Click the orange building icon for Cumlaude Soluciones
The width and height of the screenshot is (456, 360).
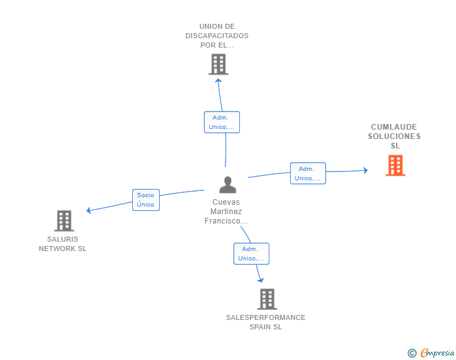[395, 165]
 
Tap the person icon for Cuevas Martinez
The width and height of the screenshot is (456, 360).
[227, 185]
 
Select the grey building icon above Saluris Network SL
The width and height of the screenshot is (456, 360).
[64, 221]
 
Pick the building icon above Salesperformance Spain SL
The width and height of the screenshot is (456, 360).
[267, 299]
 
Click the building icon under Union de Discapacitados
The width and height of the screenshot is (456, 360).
[218, 64]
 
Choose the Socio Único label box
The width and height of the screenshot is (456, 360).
[145, 200]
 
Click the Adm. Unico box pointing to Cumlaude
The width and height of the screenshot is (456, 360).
[308, 173]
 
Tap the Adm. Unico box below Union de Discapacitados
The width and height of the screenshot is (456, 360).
[222, 122]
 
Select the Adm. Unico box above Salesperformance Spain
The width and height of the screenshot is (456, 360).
[251, 254]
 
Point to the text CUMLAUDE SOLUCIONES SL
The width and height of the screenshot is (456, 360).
[393, 136]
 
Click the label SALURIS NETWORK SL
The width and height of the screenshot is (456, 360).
[63, 244]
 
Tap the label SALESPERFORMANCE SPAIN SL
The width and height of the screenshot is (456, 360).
[266, 322]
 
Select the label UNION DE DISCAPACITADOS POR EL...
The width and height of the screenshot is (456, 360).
[217, 36]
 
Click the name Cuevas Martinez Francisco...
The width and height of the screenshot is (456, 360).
[226, 212]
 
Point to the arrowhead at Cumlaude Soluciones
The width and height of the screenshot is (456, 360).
[365, 170]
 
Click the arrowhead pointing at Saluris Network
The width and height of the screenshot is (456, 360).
[89, 210]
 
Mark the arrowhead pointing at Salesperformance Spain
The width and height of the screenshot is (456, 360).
[260, 280]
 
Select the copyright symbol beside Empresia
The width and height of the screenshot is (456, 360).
[412, 353]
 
